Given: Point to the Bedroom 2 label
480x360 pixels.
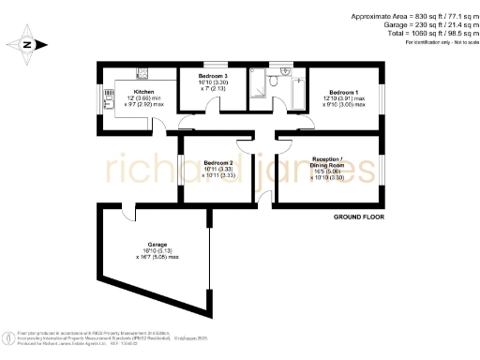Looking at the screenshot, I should click(x=218, y=162).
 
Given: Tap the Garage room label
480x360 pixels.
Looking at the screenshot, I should click(x=143, y=244).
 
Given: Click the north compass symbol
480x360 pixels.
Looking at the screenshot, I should click(x=28, y=43).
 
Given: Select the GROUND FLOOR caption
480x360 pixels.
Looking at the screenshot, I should click(x=359, y=217).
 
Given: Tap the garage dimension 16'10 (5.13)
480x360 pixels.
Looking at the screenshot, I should click(x=143, y=250).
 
